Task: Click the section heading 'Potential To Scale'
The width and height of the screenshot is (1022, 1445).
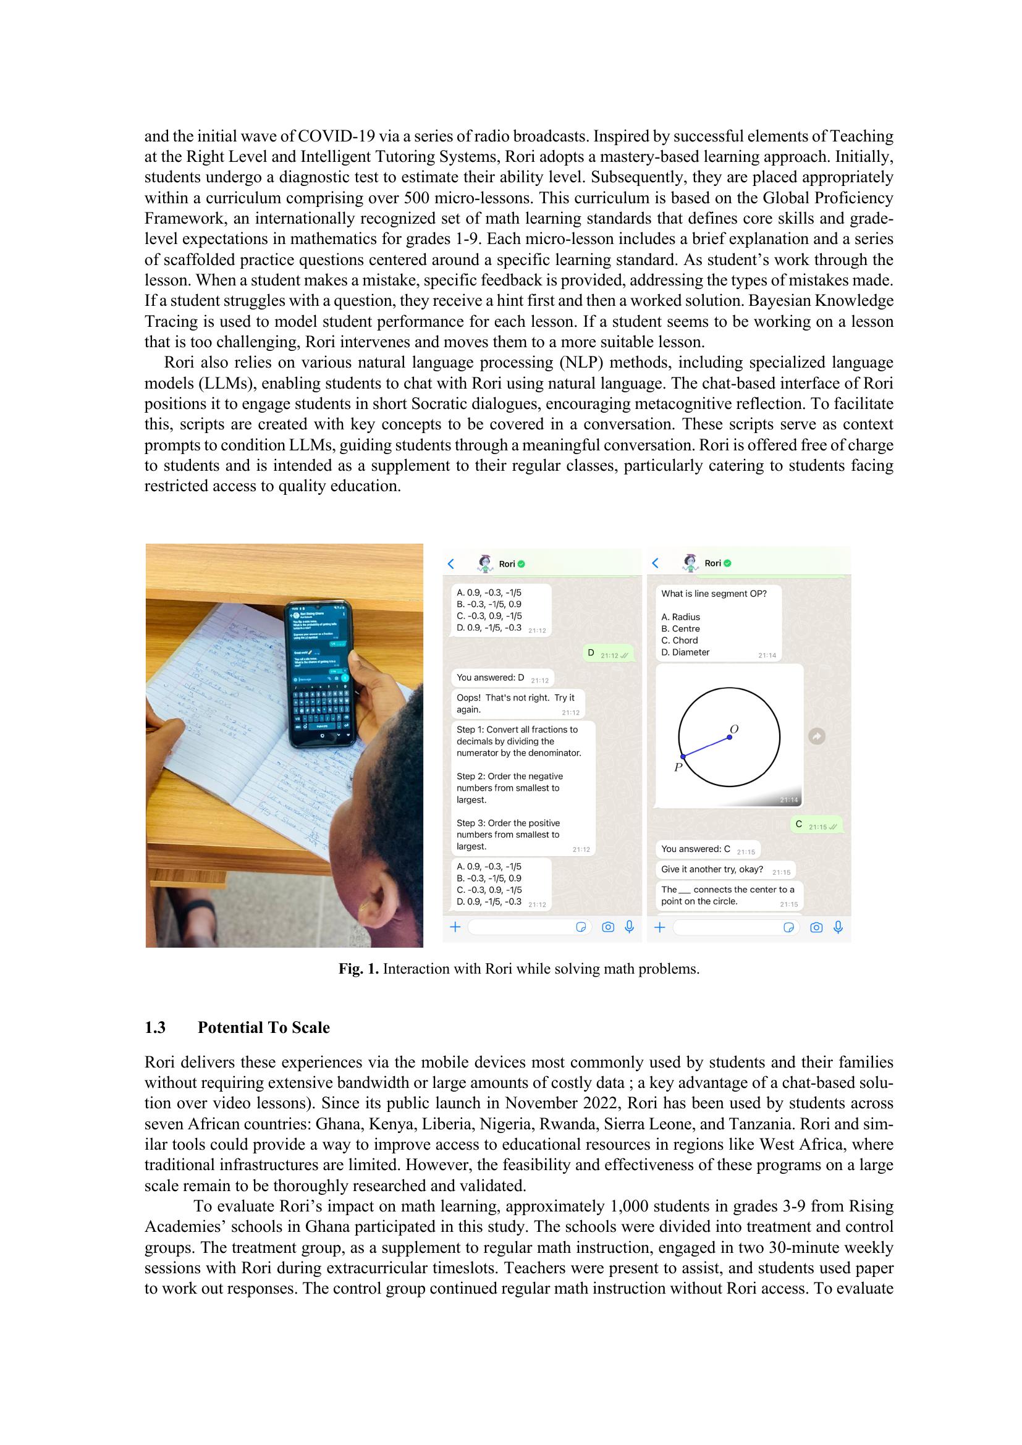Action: coord(263,1028)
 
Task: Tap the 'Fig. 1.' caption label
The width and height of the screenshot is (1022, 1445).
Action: coord(359,969)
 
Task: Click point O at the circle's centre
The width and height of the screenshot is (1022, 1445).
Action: coord(729,737)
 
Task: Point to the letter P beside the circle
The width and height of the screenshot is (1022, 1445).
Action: coord(678,767)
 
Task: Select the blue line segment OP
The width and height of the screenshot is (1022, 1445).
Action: coord(706,746)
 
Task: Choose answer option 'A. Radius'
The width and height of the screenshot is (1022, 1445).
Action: coord(680,617)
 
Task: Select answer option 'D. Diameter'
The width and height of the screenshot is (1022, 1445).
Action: coord(685,652)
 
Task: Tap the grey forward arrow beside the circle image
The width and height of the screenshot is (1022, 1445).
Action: coord(816,736)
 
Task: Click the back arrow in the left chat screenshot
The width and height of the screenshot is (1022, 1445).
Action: coord(450,563)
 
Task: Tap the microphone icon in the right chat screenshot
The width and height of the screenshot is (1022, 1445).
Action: coord(838,927)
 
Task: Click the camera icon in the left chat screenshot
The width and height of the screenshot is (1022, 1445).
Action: coord(608,927)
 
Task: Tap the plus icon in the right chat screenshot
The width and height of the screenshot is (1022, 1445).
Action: coord(659,927)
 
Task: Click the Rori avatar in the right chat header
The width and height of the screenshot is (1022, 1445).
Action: coord(690,563)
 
